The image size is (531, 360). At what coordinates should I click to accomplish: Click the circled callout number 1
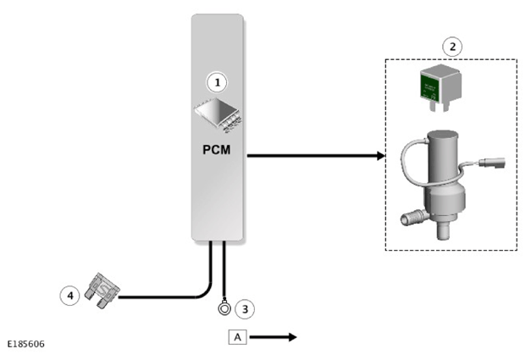tap(217, 82)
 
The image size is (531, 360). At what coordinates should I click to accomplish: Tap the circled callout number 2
tap(452, 47)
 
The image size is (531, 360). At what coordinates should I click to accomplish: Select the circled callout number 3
tap(245, 309)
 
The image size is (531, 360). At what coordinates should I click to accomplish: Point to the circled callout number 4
tap(70, 296)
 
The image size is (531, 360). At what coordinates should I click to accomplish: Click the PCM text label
tap(217, 150)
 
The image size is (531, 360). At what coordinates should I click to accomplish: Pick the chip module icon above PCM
tap(218, 115)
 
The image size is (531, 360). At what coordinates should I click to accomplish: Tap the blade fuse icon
tap(102, 291)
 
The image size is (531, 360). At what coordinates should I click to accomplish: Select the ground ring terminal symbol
tap(224, 308)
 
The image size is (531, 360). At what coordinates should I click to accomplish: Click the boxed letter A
tap(237, 337)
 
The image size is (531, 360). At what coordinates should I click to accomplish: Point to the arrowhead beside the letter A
tap(292, 337)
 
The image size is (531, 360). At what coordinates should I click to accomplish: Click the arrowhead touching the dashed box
tap(381, 156)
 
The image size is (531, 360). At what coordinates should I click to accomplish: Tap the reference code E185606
tap(25, 344)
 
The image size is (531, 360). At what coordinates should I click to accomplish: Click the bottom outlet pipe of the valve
tap(443, 230)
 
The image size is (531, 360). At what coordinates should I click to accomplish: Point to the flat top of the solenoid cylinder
tap(443, 136)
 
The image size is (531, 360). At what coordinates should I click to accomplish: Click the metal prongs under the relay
tap(439, 106)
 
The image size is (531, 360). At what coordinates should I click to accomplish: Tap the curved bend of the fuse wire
tap(206, 291)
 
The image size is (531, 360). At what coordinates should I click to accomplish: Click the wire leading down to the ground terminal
tap(224, 269)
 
